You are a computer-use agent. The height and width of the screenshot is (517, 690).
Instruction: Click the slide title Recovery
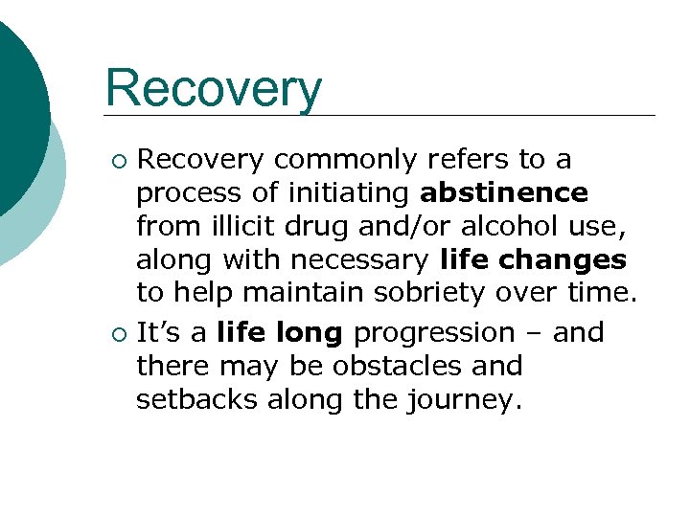[214, 89]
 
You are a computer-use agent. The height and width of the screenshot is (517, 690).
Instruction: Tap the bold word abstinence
[504, 193]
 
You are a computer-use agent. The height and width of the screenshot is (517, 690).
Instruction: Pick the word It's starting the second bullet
[157, 333]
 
